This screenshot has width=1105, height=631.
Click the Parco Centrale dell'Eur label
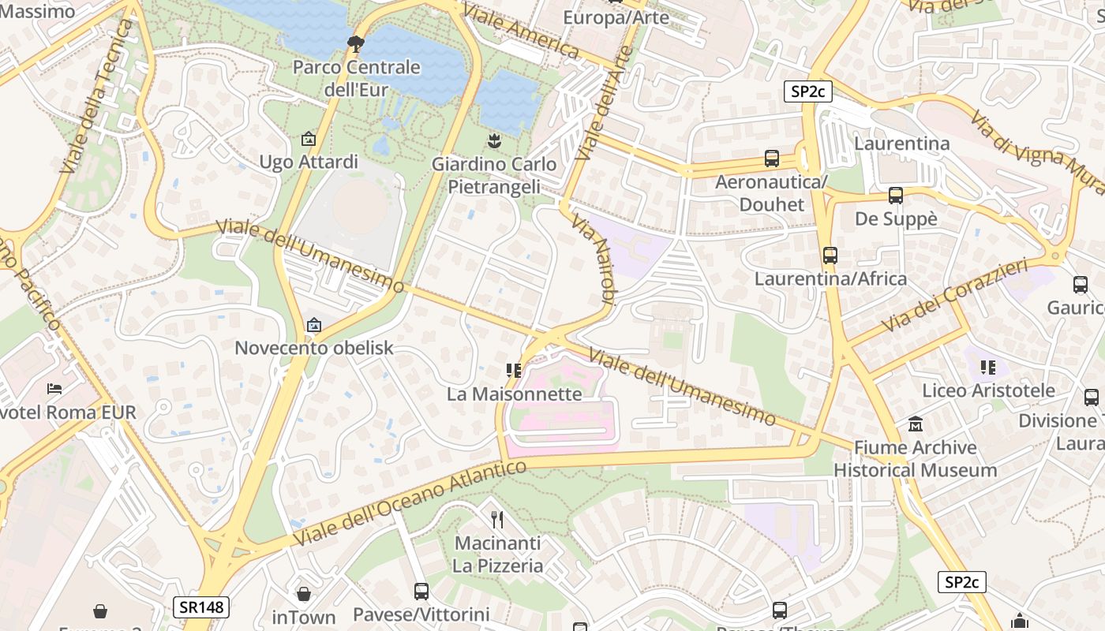(356, 78)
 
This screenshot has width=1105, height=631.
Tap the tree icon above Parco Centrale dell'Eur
(356, 43)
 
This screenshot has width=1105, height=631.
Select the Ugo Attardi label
(309, 162)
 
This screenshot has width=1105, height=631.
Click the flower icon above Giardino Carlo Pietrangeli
(494, 141)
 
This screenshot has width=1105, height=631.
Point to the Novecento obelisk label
(313, 348)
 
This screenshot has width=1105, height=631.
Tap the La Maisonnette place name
(514, 394)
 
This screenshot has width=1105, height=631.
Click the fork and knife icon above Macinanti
(497, 519)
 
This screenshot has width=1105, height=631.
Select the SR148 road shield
(200, 607)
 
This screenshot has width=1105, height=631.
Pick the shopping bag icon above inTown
(304, 594)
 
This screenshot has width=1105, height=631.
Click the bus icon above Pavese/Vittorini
(421, 591)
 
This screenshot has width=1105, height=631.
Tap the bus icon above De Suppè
(895, 196)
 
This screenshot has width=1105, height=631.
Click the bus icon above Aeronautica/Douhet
(771, 159)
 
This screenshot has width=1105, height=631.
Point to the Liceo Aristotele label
(988, 390)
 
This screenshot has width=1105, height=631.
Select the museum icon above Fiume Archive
(916, 424)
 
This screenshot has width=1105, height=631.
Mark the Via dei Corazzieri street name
(955, 296)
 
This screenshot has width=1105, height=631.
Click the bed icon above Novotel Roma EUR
(54, 389)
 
